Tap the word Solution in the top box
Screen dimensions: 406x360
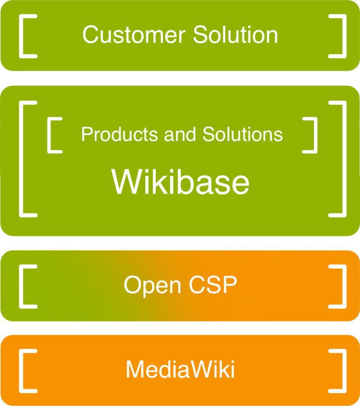tap(235, 35)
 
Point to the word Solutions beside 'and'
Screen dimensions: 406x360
tap(243, 134)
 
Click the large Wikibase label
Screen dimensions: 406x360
tap(180, 182)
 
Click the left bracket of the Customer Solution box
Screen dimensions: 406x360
tap(22, 36)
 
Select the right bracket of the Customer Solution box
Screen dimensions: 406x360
tap(343, 36)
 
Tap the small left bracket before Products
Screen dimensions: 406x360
tap(50, 135)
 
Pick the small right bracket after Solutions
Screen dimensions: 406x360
tap(314, 135)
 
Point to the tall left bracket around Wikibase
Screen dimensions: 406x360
tap(22, 159)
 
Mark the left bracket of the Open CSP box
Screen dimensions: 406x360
tap(22, 286)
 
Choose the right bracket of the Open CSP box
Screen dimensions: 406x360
tap(343, 286)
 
